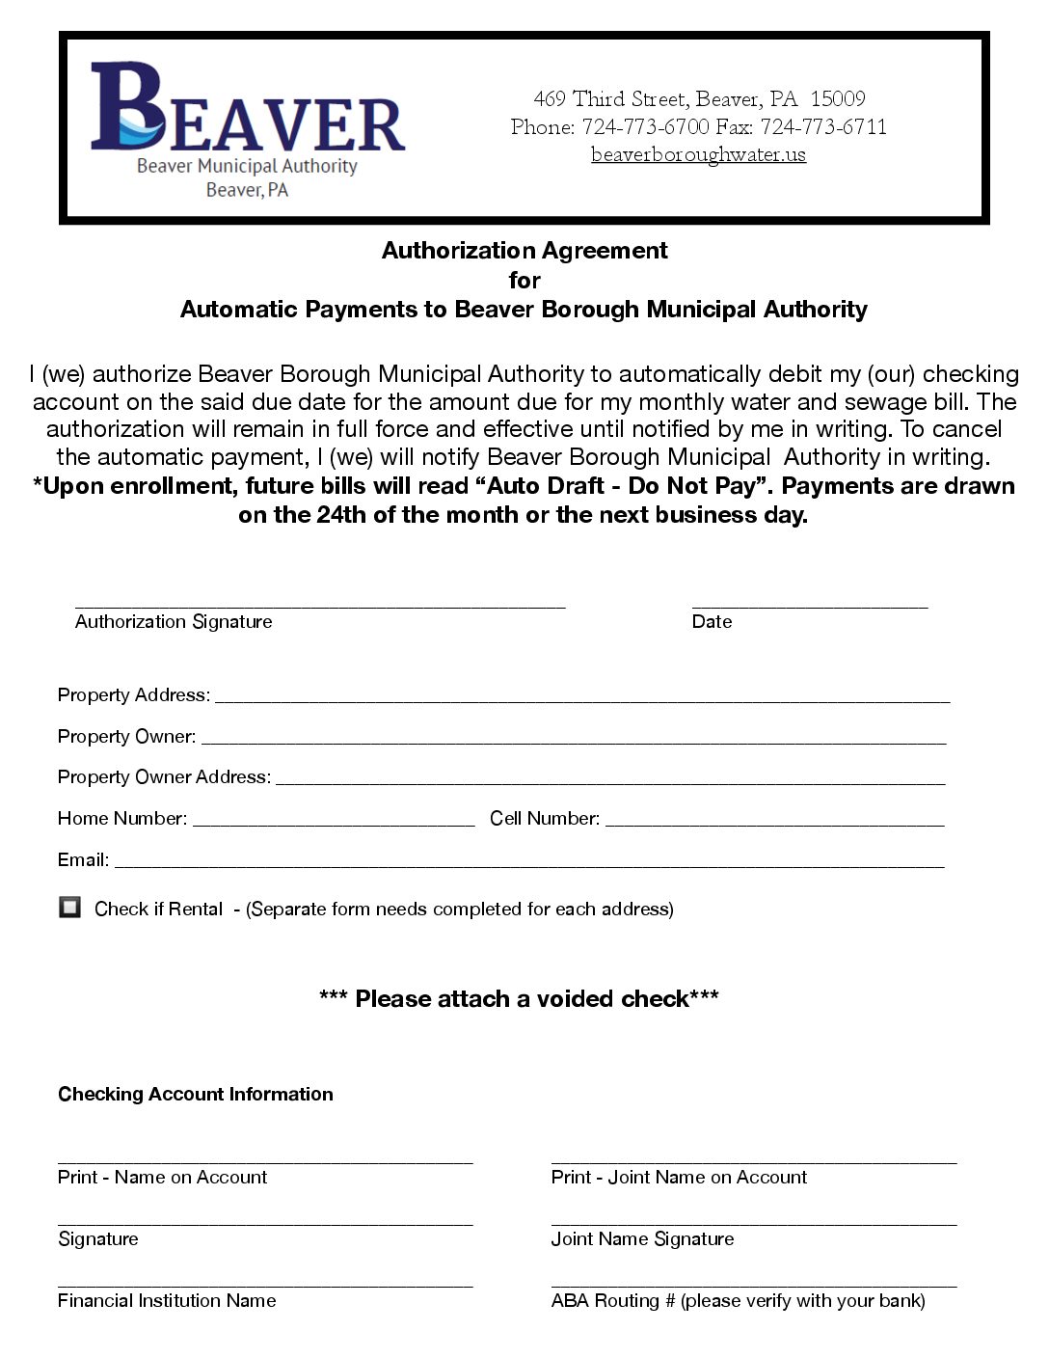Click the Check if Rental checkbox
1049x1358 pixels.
69,907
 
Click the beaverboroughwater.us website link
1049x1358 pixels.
698,154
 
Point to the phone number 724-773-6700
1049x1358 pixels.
645,126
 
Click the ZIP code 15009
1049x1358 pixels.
837,98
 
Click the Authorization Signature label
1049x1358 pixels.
174,622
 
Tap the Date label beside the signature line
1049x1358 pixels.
712,622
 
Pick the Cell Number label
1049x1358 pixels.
544,819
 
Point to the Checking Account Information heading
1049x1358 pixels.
196,1094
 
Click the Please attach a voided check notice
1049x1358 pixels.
519,998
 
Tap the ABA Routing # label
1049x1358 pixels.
738,1301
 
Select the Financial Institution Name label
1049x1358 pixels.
167,1301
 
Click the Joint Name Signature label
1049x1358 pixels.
642,1239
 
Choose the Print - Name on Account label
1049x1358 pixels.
162,1178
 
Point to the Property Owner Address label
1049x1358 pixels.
164,777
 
